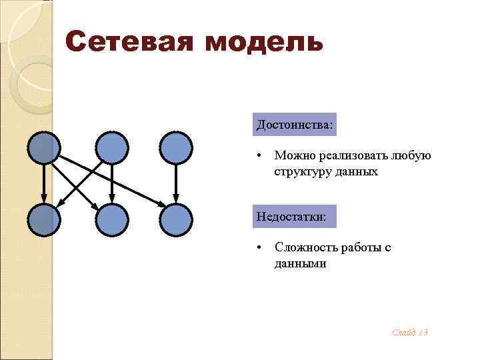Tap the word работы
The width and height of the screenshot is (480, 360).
(359, 247)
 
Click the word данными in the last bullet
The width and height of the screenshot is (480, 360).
(300, 263)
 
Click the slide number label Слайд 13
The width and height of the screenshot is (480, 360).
(410, 332)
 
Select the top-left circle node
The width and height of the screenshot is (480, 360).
(44, 147)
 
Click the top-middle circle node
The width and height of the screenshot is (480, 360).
(111, 147)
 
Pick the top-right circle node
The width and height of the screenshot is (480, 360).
(176, 147)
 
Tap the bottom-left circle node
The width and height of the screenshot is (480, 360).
(44, 220)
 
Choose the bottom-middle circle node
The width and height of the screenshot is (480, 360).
(111, 220)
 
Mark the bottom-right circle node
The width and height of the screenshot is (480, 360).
(176, 220)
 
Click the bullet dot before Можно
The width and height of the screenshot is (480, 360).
(259, 156)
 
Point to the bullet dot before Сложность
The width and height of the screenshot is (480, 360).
(259, 248)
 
